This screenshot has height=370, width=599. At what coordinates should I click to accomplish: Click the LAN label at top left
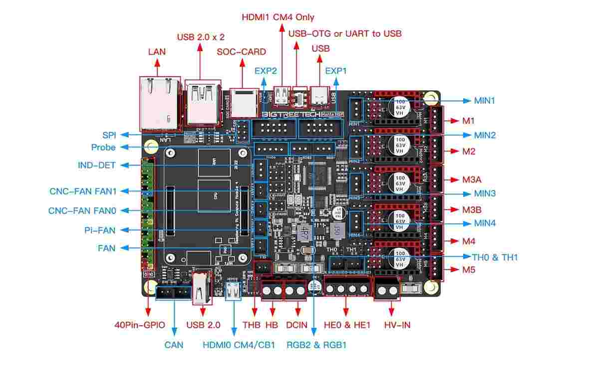point(157,51)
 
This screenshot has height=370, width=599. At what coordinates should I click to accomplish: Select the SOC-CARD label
point(241,51)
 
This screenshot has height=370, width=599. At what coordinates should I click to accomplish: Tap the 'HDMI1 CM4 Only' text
point(278,17)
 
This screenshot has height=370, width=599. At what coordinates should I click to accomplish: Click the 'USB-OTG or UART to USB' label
point(345,33)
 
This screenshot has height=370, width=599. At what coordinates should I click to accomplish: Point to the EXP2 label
point(266,71)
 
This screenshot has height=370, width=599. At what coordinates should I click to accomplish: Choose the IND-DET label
point(97,166)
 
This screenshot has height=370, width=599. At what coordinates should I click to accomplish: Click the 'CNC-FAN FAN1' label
point(82,191)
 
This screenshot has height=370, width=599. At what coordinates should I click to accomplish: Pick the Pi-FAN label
point(100,230)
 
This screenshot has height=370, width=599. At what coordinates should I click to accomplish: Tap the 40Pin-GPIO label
point(140,325)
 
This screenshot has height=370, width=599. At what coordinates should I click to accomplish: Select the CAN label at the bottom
point(174,345)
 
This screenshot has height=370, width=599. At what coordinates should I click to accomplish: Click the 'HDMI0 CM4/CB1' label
point(239,345)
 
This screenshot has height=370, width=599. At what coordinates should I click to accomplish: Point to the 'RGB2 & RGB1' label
point(316,345)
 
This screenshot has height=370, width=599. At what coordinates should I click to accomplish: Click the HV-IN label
point(397,325)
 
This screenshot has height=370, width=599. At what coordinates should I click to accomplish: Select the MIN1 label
point(485,101)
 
